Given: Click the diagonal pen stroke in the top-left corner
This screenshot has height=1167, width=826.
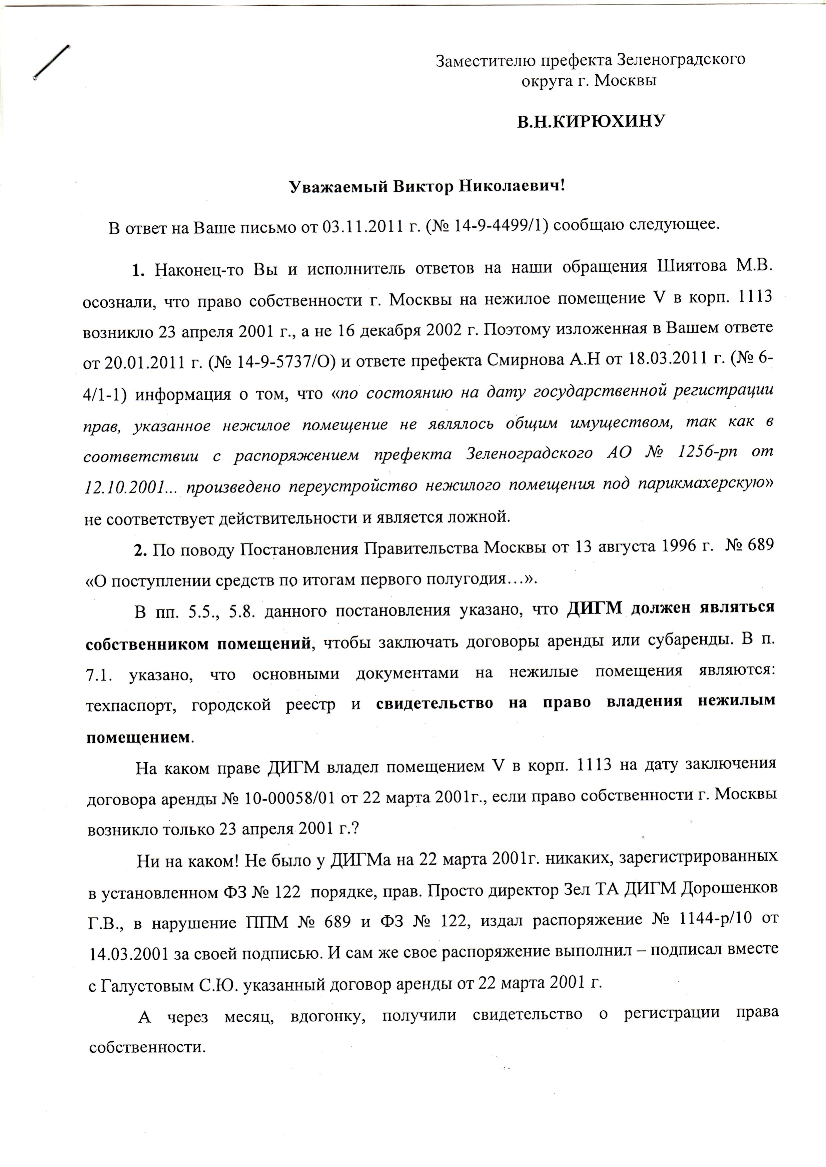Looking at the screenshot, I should pos(51,63).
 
